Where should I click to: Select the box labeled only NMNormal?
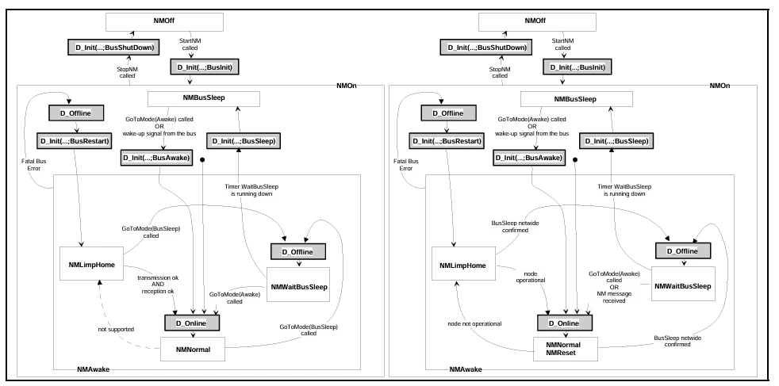(x=193, y=350)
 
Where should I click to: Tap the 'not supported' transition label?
(x=116, y=329)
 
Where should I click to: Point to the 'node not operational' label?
(x=474, y=323)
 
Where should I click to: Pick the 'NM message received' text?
(x=614, y=297)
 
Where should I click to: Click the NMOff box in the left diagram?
(x=164, y=22)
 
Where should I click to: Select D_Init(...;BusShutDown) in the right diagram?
(x=486, y=48)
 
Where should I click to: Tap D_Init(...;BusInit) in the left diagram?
(x=205, y=67)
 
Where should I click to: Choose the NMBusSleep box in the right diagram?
(x=576, y=99)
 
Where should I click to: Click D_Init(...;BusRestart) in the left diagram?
(x=74, y=141)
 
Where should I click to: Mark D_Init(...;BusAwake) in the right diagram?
(x=529, y=158)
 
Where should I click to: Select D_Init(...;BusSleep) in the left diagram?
(x=244, y=141)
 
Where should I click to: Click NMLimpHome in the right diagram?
(x=463, y=266)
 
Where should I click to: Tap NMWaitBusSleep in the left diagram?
(x=298, y=286)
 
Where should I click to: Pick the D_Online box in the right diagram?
(x=565, y=323)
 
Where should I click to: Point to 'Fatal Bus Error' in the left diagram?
(x=31, y=165)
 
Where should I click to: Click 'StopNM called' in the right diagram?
(x=500, y=72)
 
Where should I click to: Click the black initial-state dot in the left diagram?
(x=202, y=160)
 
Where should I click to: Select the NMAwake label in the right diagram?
(x=466, y=369)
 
